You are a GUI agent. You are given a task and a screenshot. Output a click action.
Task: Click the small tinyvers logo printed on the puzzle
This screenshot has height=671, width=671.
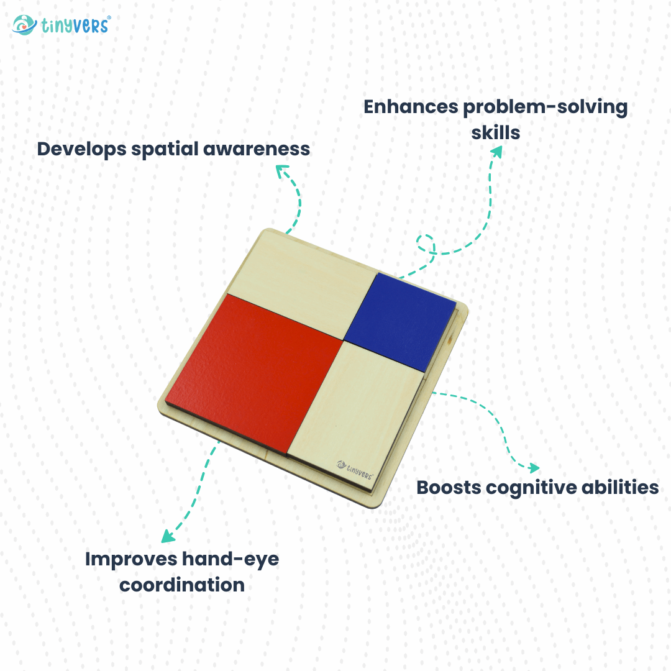(x=355, y=467)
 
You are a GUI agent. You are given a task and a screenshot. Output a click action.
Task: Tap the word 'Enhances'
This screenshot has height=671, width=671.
(x=410, y=107)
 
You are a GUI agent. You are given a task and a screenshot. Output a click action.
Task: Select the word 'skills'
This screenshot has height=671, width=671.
(x=495, y=132)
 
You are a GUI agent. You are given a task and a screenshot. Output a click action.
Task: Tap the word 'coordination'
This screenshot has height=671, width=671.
(x=181, y=585)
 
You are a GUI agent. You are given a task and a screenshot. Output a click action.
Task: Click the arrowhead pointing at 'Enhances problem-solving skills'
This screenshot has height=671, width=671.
(x=497, y=152)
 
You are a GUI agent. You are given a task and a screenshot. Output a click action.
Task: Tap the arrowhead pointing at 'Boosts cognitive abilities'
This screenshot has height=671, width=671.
(x=533, y=467)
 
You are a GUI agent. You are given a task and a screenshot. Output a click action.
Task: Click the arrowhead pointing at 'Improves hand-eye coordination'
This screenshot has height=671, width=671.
(x=167, y=537)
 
